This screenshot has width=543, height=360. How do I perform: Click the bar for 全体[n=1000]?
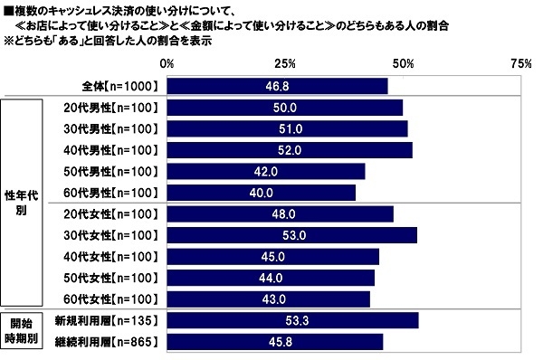point(277,86)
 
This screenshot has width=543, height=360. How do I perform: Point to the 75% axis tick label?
point(520,64)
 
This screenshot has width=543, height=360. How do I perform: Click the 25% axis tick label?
point(285,64)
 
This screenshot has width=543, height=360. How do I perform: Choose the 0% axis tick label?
point(167,64)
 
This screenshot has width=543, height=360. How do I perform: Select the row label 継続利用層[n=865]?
point(107,342)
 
